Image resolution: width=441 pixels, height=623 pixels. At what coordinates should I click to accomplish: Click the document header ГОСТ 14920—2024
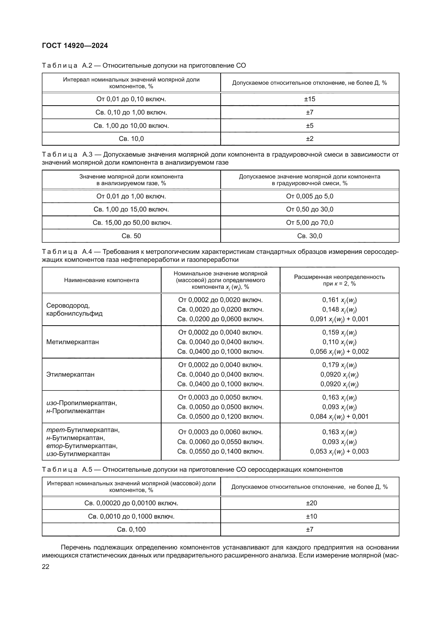tap(75, 46)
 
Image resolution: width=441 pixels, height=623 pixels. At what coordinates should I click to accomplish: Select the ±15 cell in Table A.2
tap(310, 99)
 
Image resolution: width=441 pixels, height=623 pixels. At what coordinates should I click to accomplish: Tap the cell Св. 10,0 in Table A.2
tap(131, 139)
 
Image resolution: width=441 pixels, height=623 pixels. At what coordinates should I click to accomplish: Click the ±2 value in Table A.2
tap(310, 139)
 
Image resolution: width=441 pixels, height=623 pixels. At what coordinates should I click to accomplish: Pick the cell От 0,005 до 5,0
tap(310, 196)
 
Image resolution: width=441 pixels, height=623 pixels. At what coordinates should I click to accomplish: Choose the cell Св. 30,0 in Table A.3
tap(310, 236)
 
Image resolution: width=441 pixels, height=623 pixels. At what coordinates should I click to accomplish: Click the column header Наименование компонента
tap(101, 280)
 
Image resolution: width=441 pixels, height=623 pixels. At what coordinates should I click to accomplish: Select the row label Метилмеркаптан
tap(73, 342)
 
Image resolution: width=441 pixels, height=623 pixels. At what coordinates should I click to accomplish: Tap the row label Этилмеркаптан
tap(70, 374)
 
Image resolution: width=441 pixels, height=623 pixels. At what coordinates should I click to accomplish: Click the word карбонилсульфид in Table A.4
tap(74, 314)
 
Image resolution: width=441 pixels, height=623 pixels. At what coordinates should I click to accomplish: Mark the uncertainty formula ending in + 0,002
tap(339, 352)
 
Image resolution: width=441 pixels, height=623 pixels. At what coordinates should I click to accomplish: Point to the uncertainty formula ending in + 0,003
tap(339, 451)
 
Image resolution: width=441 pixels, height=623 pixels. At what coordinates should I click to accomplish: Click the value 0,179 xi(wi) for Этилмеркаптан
tap(339, 365)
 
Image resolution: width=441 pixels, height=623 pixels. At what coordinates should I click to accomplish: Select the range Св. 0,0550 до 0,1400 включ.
tap(220, 451)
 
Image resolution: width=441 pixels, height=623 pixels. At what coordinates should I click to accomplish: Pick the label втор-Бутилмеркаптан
tap(82, 446)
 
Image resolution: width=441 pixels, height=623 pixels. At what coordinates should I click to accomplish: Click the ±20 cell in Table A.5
tap(311, 503)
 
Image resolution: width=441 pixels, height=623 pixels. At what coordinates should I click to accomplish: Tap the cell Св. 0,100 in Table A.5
tap(131, 530)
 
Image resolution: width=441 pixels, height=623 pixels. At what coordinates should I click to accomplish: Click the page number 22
tap(46, 567)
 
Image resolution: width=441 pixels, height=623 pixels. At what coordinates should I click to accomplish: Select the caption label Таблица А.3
tap(67, 155)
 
